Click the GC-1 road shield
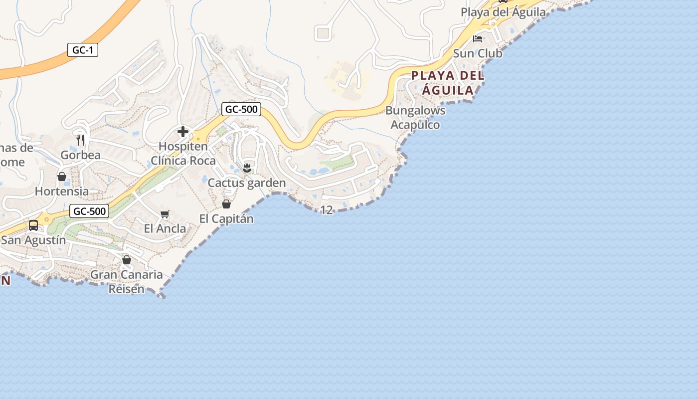[x=83, y=50]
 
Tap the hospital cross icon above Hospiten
[x=183, y=132]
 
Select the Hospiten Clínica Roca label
[x=183, y=154]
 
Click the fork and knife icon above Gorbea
[x=80, y=140]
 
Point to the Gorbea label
[x=80, y=155]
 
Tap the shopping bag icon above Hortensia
[x=62, y=177]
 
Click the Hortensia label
[x=62, y=191]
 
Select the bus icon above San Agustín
[x=33, y=225]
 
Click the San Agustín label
[x=33, y=240]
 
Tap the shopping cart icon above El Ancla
[x=165, y=214]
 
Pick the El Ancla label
[x=165, y=229]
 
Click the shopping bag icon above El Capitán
[x=226, y=203]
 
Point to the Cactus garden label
[x=247, y=183]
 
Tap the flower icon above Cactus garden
[x=247, y=168]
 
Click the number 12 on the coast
[x=327, y=210]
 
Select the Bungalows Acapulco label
[x=415, y=117]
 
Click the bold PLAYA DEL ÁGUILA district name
[x=448, y=83]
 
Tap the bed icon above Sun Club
[x=478, y=38]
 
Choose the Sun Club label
[x=478, y=53]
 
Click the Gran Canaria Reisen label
[x=127, y=281]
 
